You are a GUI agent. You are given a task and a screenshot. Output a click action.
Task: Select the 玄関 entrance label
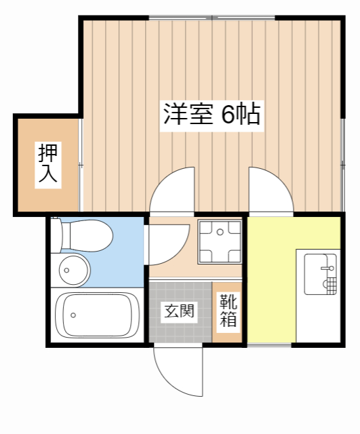tap(180, 311)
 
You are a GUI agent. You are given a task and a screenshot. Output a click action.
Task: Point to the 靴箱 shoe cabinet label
tap(228, 311)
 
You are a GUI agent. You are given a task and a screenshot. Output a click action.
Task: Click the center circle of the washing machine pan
tap(220, 233)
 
